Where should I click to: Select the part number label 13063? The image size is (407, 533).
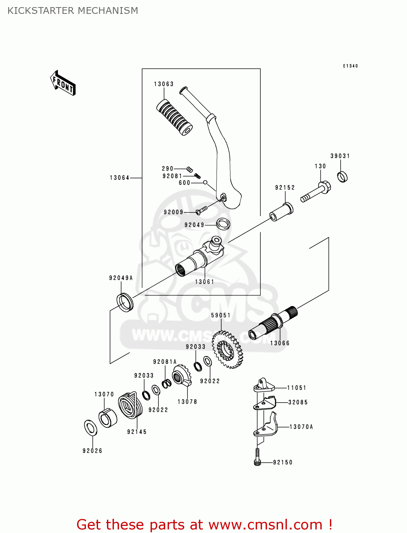tap(164, 84)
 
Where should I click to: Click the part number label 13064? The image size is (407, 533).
tap(119, 178)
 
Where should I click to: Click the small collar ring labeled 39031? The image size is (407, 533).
tap(342, 177)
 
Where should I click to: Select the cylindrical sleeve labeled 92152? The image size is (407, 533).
tap(281, 212)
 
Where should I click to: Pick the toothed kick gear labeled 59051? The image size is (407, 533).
tap(227, 350)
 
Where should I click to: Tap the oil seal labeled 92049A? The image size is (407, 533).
tap(125, 302)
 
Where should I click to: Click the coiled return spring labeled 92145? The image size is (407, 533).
tap(130, 405)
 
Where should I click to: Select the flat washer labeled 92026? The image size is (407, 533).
tap(91, 427)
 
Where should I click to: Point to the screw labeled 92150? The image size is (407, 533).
tap(257, 458)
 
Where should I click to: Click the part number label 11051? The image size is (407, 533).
tap(297, 388)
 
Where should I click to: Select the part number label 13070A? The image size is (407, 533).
tap(301, 427)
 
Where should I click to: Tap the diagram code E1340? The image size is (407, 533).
tap(350, 66)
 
